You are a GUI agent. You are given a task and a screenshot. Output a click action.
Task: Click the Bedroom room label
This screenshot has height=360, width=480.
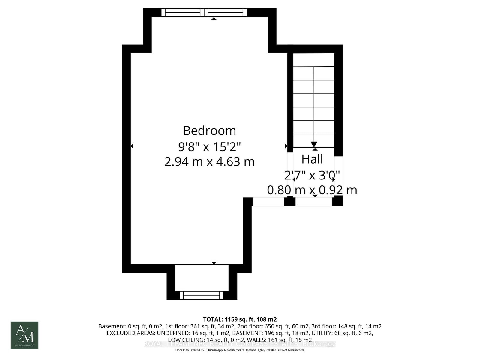[209, 131]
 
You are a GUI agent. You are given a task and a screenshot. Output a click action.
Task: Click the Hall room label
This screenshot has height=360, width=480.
[312, 159]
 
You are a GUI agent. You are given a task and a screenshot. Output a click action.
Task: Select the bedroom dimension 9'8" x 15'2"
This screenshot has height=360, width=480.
[209, 147]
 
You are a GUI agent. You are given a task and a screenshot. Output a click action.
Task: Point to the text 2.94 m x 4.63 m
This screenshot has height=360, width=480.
[209, 162]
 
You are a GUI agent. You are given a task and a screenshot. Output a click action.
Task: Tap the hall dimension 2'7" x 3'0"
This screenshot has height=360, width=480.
[312, 175]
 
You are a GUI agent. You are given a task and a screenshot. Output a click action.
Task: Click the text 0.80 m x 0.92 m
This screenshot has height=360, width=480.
[312, 190]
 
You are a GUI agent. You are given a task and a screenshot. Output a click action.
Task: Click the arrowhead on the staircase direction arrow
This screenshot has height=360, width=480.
[314, 144]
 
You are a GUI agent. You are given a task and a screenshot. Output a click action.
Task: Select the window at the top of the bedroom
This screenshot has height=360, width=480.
[204, 12]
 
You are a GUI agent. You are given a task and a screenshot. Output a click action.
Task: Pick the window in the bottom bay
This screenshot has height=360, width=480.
[202, 295]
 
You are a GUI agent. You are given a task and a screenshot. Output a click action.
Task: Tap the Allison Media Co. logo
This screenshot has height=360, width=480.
[25, 335]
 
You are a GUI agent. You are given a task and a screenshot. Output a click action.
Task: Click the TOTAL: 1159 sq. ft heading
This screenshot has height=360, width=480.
[240, 319]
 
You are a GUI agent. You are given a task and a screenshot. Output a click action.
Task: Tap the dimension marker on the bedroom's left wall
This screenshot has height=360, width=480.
[132, 146]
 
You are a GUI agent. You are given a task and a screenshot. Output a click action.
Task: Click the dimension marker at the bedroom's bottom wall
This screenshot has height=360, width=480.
[214, 263]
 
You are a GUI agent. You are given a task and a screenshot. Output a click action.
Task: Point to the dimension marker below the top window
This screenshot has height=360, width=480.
[214, 19]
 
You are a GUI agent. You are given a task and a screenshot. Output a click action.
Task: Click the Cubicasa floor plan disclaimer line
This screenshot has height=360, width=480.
[240, 350]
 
